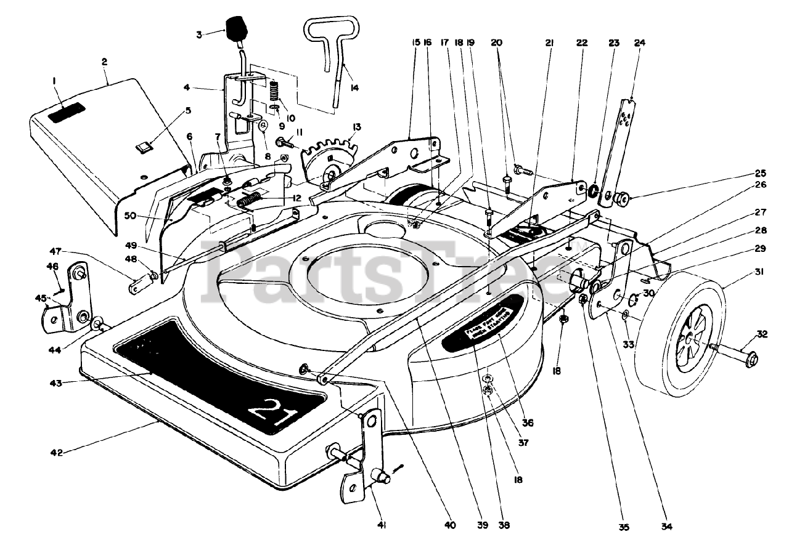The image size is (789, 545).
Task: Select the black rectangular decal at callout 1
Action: click(x=67, y=113)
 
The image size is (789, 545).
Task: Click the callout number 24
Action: click(x=639, y=43)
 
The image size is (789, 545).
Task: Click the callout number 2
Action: click(x=104, y=62)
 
